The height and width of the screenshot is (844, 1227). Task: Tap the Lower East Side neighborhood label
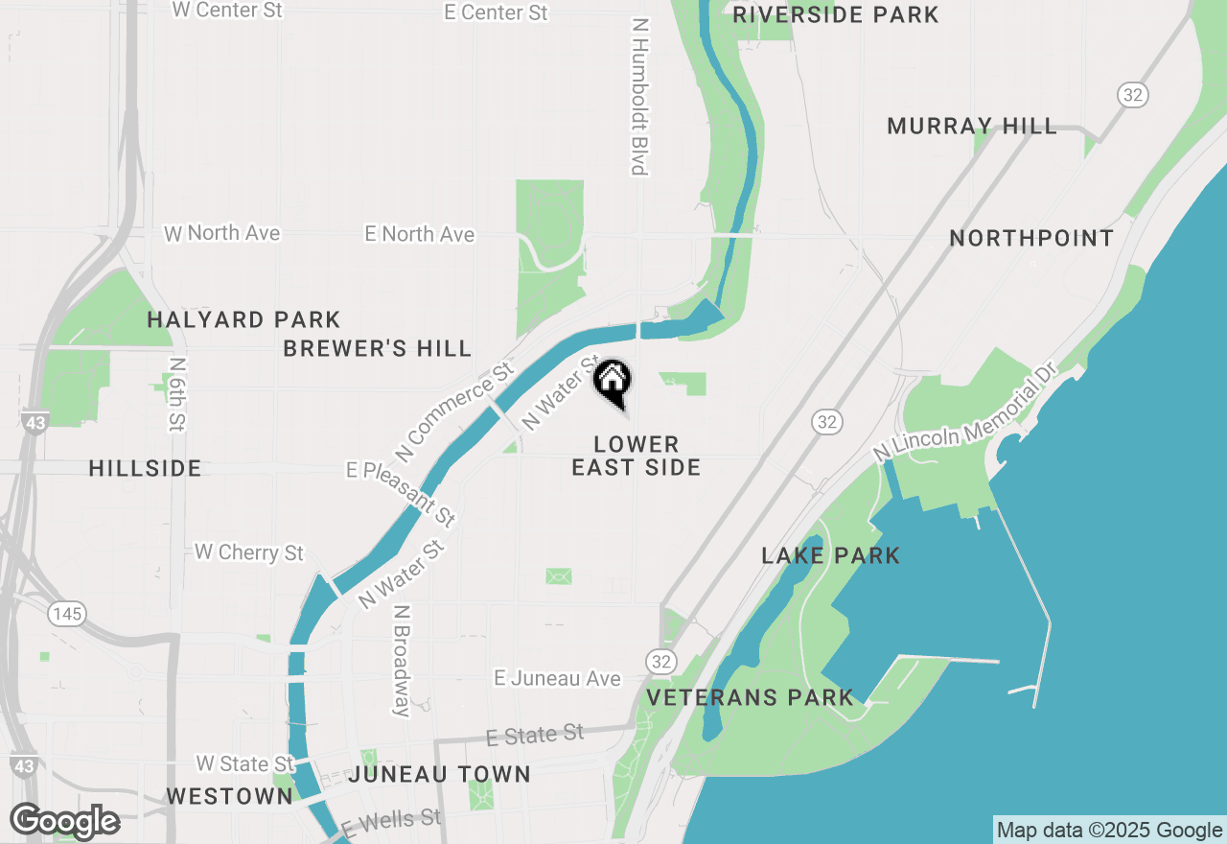[x=637, y=456]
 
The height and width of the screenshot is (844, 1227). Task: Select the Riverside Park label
[x=836, y=14]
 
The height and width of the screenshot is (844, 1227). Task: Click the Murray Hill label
[x=972, y=126]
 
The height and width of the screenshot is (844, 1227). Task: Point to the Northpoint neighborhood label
[x=1031, y=238]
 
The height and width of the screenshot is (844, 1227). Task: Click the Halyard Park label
[x=243, y=319]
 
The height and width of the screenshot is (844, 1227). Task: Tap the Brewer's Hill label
[x=378, y=348]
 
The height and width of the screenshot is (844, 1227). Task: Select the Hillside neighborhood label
[x=145, y=468]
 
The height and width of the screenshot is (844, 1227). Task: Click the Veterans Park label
[x=750, y=697]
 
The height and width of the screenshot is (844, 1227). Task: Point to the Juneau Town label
[x=439, y=774]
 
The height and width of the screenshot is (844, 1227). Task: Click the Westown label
[x=229, y=796]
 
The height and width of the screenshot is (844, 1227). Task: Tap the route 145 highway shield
[x=68, y=613]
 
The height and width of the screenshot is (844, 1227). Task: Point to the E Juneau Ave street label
[x=557, y=678]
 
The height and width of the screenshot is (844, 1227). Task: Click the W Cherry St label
[x=249, y=551]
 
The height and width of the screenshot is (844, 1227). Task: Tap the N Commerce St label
[x=452, y=410]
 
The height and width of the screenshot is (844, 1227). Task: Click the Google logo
[x=64, y=821]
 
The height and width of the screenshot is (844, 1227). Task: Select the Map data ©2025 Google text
[x=1109, y=831]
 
